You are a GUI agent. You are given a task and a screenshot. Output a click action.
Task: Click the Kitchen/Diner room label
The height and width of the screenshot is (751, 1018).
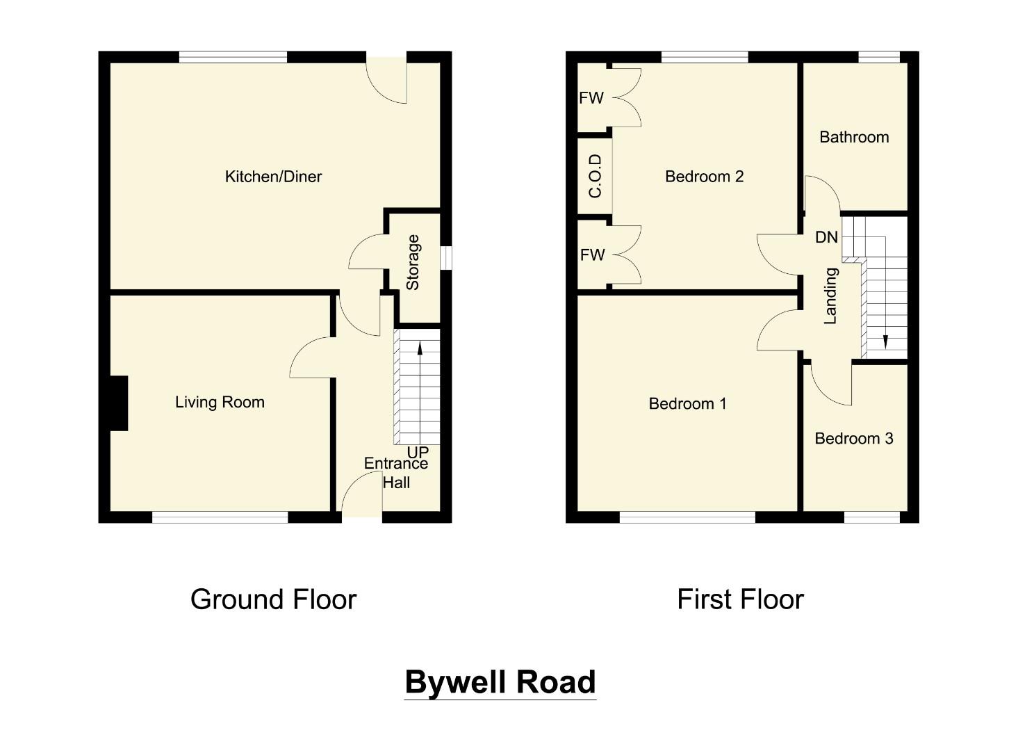(x=273, y=177)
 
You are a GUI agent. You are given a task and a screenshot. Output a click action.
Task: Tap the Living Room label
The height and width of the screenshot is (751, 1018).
(x=220, y=402)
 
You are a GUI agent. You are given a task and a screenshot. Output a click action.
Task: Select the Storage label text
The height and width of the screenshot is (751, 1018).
(x=413, y=262)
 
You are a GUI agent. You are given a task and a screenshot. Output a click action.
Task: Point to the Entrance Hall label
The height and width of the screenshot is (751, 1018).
(x=396, y=473)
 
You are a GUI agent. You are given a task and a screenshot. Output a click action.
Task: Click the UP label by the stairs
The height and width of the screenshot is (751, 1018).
(x=418, y=452)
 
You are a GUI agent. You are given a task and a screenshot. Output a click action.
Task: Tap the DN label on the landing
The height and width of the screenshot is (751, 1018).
(x=826, y=237)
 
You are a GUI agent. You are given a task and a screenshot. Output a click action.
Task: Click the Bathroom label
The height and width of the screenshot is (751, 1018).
(x=854, y=137)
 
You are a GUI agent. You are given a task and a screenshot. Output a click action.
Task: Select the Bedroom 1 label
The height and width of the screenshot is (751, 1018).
(x=687, y=403)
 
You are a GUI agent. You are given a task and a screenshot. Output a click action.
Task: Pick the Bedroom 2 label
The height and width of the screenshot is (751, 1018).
(x=704, y=177)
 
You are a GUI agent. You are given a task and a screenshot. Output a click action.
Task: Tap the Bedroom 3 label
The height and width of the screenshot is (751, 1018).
(x=853, y=438)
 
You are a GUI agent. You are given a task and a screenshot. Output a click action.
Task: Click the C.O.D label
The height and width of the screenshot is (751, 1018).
(x=596, y=176)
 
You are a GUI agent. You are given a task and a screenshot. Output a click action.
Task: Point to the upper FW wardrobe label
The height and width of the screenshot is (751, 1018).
(x=591, y=98)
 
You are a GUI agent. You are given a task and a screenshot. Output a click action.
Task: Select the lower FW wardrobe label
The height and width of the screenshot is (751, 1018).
(x=592, y=255)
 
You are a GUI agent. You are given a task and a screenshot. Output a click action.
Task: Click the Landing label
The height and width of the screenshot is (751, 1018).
(x=830, y=296)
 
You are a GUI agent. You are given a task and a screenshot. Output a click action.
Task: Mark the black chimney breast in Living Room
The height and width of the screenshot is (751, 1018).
(x=119, y=403)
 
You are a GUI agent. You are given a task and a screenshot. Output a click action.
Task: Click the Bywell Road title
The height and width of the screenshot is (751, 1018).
(x=500, y=682)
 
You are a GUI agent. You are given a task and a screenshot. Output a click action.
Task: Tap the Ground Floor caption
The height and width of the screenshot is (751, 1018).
(x=273, y=599)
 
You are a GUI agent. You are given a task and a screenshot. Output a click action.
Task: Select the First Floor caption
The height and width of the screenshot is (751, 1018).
(x=740, y=599)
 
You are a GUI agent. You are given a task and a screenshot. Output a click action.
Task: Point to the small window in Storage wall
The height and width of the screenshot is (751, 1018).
(x=447, y=258)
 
